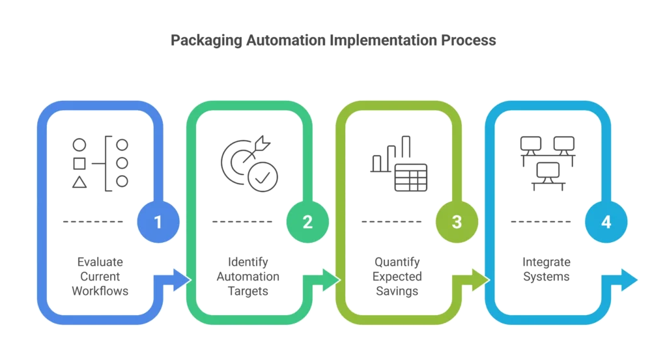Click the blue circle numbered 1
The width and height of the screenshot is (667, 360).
point(157,221)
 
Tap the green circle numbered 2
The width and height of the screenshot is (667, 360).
point(307,221)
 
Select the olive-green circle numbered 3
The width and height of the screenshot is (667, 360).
point(457,221)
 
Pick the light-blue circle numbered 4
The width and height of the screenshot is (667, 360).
point(606,221)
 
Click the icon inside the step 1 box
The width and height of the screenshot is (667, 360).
point(100,163)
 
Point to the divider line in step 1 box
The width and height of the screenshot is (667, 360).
point(94,221)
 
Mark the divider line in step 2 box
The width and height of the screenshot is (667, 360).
point(242,221)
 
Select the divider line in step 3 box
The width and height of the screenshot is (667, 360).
point(391,221)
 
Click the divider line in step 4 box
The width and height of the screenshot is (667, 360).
point(541,221)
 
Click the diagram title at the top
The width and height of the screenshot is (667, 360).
point(333,40)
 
